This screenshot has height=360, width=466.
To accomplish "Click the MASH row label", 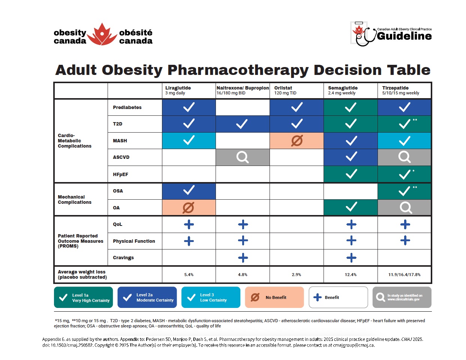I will click(120, 141).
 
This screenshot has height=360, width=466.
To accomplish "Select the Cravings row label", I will click(123, 258).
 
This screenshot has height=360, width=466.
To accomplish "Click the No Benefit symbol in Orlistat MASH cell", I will click(297, 141).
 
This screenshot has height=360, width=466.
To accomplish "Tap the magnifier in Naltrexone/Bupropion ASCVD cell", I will click(243, 157).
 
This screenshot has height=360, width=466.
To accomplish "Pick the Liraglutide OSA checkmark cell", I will click(189, 191).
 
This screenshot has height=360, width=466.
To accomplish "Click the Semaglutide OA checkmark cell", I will click(351, 207).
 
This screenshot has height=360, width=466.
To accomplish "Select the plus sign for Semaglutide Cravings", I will click(351, 258).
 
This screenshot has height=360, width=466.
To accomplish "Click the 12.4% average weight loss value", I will click(351, 275).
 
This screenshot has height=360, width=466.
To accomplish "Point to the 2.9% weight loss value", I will click(296, 275).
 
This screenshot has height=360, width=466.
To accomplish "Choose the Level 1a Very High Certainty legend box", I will click(83, 297).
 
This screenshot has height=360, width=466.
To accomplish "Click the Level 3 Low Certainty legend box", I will click(211, 297).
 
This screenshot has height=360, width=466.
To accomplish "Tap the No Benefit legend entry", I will click(274, 297).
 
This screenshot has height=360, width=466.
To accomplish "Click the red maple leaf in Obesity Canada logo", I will click(102, 35).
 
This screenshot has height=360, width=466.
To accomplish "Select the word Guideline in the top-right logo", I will click(404, 36).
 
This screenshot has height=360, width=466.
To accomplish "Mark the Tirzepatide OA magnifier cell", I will click(405, 207).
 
